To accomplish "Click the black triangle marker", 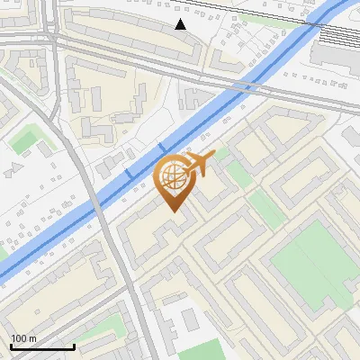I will coord(181,24).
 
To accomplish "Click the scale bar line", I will coord(41,346).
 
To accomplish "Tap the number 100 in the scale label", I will coord(20,338).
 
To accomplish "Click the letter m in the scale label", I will coord(32,338).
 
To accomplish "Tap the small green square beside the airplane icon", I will coord(236,172).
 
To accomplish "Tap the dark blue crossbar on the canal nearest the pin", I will coord(163,146).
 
